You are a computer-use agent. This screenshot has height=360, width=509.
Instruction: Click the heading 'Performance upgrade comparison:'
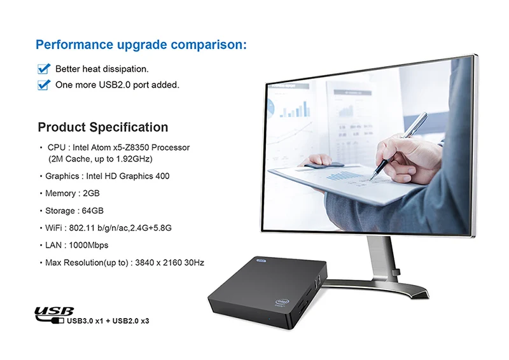coord(141,45)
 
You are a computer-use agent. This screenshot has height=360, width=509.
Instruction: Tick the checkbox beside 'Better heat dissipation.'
coord(44,69)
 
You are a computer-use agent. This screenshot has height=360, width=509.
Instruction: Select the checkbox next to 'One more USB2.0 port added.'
coord(44,85)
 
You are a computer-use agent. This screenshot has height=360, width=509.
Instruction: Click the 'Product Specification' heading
coord(103,127)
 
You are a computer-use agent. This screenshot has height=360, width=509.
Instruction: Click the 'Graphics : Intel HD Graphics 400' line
coord(107,176)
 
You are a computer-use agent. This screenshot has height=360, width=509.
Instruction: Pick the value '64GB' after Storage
coord(93,211)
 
